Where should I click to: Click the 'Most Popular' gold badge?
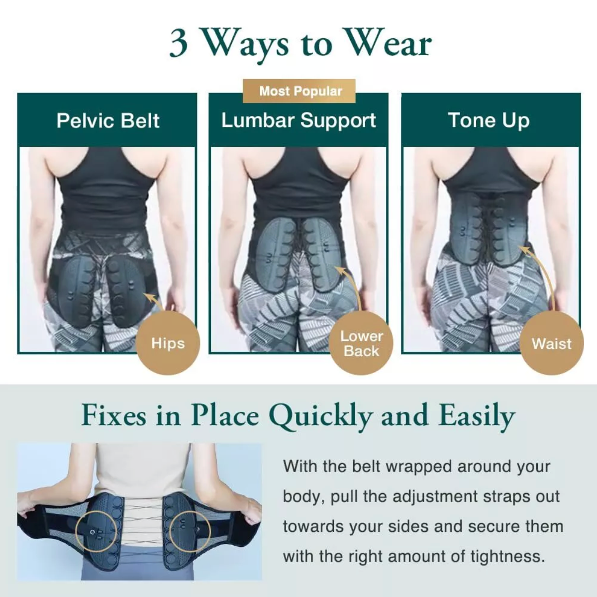pos(299,91)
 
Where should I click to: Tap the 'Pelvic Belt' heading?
pos(108,120)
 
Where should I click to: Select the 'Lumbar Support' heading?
pos(298,120)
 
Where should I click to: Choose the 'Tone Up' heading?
pos(489,120)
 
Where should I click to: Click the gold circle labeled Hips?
pos(168,343)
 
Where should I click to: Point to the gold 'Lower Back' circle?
pos(361,343)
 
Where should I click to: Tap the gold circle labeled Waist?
pos(552,343)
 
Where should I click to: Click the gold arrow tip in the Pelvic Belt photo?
pos(146,295)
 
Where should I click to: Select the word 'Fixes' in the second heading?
pos(113,416)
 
